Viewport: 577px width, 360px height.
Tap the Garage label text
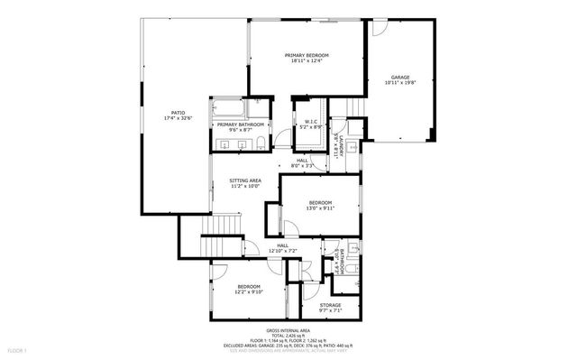pos(400,78)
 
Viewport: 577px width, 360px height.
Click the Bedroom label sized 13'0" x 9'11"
pos(321,202)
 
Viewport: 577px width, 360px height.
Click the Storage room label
pos(330,306)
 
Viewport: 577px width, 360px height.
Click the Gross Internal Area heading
pos(290,330)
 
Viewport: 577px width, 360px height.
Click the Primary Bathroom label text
pos(240,125)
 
